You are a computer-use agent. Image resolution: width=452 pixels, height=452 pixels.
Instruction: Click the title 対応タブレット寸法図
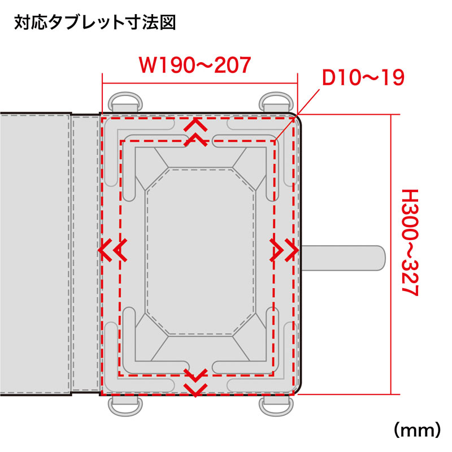[x=95, y=22]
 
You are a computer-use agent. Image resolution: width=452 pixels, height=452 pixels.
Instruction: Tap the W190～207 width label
[x=195, y=65]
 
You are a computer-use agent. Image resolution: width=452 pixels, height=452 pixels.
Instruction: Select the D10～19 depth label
[x=363, y=77]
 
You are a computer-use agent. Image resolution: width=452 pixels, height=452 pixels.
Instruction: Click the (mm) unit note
[x=417, y=430]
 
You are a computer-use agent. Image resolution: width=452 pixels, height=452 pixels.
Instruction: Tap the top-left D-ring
[x=125, y=102]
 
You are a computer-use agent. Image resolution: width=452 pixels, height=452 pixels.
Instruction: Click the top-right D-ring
[x=276, y=102]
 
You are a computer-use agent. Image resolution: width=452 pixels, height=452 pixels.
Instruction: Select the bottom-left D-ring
[x=125, y=406]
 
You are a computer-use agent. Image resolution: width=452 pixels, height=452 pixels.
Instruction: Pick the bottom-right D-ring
[x=276, y=406]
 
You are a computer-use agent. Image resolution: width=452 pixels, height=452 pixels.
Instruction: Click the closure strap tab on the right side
[x=343, y=258]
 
